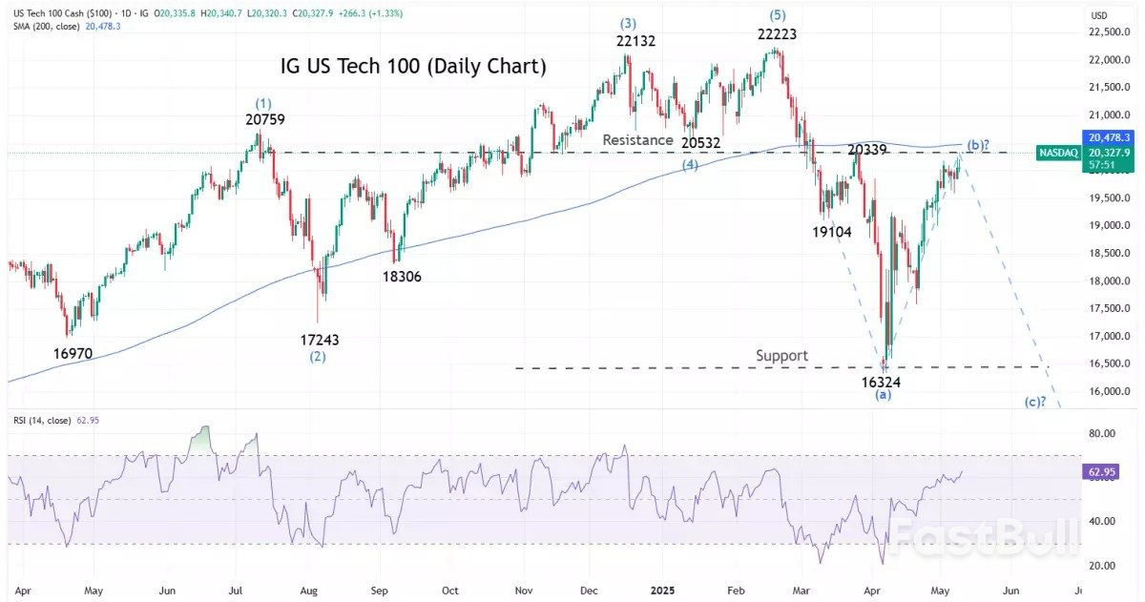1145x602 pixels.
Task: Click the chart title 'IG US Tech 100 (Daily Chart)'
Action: coord(412,67)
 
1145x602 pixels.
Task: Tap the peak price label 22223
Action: coord(776,33)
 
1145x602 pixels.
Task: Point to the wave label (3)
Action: coord(626,22)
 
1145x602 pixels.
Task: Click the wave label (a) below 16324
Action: coord(884,395)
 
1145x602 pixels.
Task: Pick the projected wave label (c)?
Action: coord(1036,402)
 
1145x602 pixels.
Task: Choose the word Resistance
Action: coord(638,140)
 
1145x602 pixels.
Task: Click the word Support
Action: coord(781,356)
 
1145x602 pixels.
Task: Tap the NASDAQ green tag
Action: coord(1056,153)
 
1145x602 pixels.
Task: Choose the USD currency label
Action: coord(1099,15)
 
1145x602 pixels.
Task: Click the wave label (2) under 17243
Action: coord(318,357)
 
